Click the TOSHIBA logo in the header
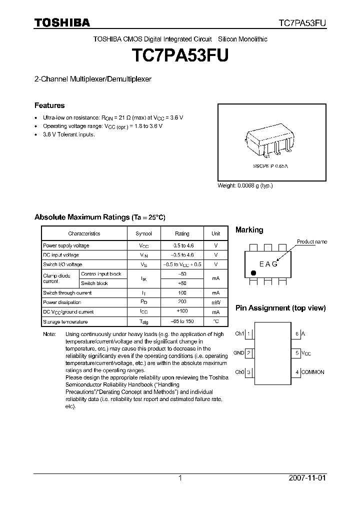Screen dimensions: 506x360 pos(62,23)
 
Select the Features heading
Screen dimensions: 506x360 pos(49,105)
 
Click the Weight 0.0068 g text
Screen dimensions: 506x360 pos(245,185)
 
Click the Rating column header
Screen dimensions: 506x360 pos(182,233)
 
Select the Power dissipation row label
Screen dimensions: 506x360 pos(62,302)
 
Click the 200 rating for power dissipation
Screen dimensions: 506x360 pos(182,302)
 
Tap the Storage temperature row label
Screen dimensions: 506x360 pos(65,321)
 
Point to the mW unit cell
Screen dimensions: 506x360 pos(215,302)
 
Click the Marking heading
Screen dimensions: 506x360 pos(249,230)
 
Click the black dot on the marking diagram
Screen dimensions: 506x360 pos(253,273)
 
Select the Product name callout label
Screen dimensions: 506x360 pos(312,241)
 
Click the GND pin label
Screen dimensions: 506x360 pos(238,353)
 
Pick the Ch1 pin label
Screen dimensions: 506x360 pos(239,333)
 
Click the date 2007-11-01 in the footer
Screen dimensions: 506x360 pos(307,478)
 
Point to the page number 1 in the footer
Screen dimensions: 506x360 pos(180,478)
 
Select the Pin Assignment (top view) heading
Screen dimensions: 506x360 pos(280,308)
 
